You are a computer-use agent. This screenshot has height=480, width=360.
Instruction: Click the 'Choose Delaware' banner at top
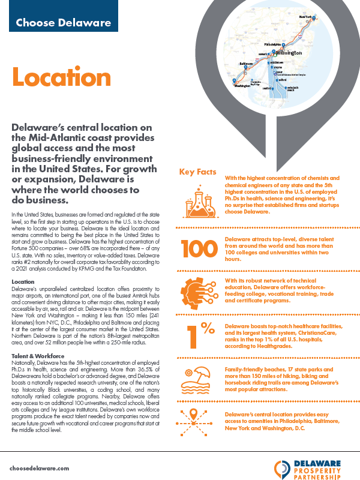[x=63, y=23]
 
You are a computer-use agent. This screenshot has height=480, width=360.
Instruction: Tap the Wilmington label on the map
[x=289, y=52]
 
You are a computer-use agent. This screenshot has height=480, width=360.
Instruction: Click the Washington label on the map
[x=243, y=86]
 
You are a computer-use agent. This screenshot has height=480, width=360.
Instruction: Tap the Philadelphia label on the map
[x=274, y=44]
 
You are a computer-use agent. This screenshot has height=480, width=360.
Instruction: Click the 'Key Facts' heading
[x=197, y=172]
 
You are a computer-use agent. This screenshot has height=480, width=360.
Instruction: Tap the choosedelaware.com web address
[x=40, y=467]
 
